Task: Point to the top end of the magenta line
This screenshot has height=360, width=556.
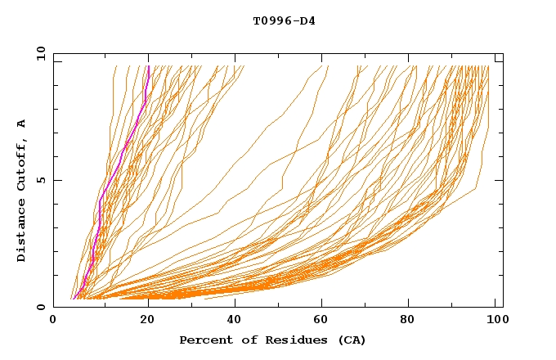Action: click(x=149, y=66)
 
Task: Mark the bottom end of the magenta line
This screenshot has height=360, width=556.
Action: click(x=74, y=299)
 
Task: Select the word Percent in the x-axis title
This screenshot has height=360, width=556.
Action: click(x=203, y=340)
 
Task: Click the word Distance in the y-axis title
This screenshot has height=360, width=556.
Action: click(x=21, y=233)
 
